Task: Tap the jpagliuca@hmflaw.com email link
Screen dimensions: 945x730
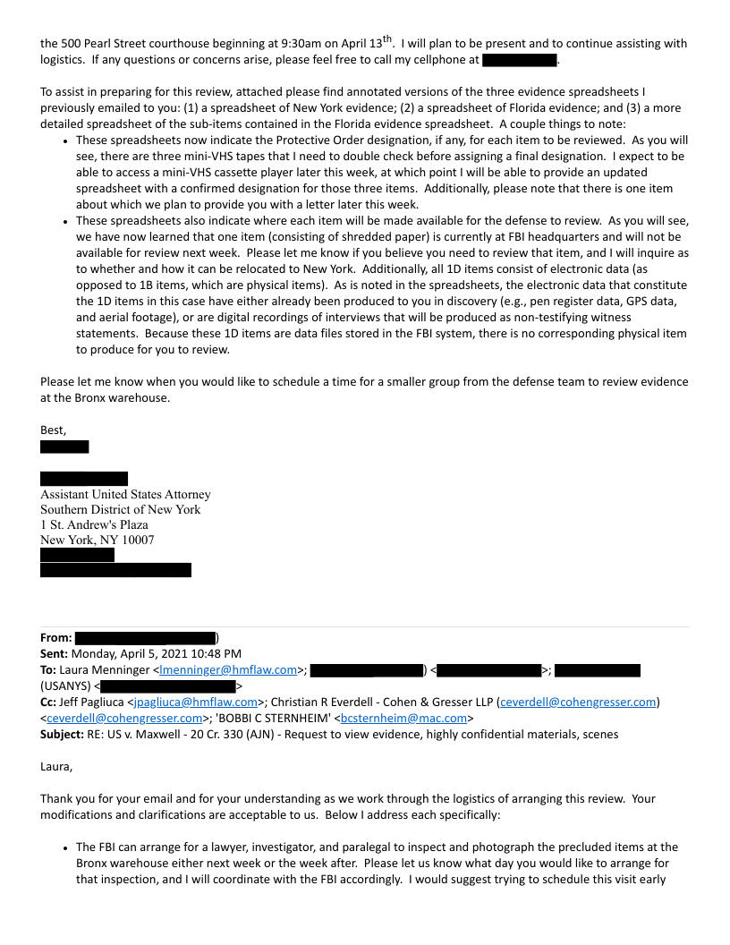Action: [x=195, y=702]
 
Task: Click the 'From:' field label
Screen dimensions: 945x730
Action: [x=55, y=637]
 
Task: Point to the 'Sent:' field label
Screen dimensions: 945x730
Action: [x=56, y=653]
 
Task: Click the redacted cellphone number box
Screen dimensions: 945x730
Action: [x=519, y=60]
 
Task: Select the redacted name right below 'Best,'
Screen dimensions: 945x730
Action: [x=64, y=447]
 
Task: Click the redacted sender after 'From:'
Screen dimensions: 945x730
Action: [x=145, y=637]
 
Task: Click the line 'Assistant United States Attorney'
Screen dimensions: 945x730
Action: [x=125, y=494]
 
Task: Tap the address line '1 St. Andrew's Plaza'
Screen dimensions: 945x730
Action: [x=94, y=524]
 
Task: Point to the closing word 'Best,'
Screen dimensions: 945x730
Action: [x=54, y=430]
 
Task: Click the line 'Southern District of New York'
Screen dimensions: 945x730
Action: [x=120, y=509]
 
